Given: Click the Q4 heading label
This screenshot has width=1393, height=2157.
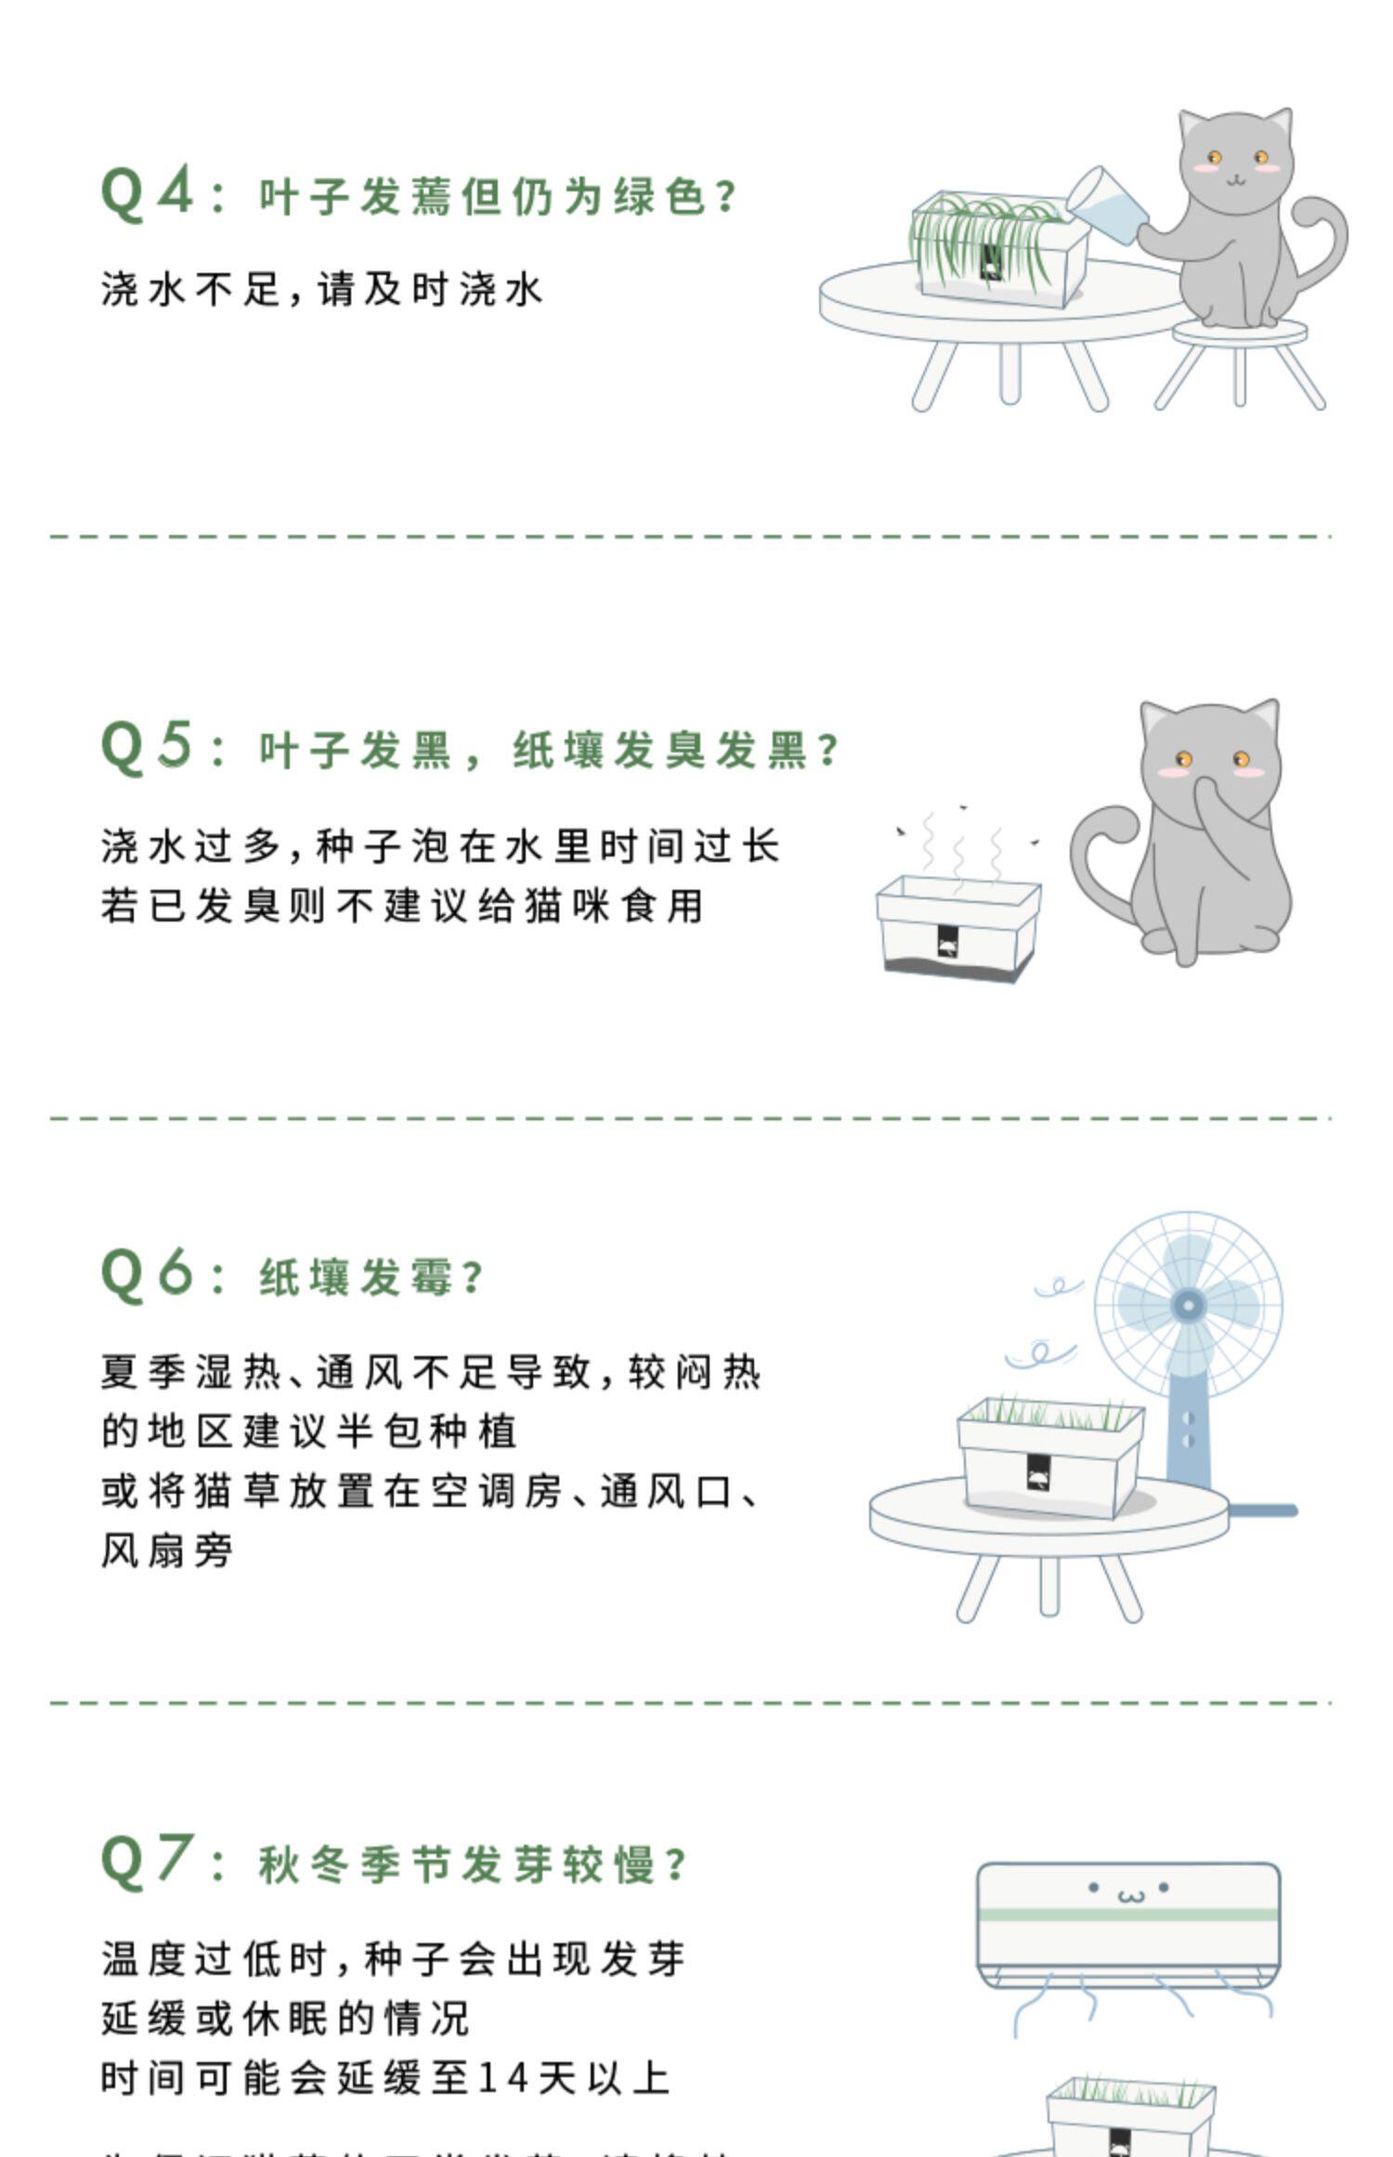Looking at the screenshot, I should [147, 193].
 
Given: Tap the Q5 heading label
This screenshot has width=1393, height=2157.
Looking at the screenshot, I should [147, 747].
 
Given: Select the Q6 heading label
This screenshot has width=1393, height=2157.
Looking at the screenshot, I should [147, 1274].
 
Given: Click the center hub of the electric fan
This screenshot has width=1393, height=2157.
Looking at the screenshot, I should [1188, 1305].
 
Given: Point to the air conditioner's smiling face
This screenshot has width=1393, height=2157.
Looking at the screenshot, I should [1129, 1891].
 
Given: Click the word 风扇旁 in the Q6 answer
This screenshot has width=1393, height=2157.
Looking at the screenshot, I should [167, 1550].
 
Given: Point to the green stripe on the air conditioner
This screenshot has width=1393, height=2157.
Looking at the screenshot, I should [1128, 1915].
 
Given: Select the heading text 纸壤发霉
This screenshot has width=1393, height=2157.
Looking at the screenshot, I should [358, 1277].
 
